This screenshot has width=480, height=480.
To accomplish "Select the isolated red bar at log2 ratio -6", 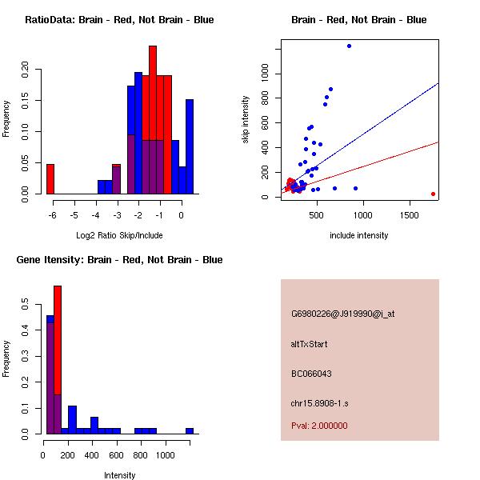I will coord(50,178).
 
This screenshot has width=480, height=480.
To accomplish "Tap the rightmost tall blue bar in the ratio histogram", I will coord(190,146).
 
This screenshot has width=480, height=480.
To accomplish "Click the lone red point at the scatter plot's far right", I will coord(433,194).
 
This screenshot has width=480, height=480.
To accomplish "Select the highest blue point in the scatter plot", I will coord(349,46).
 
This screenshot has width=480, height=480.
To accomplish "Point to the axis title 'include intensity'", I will coord(358,235).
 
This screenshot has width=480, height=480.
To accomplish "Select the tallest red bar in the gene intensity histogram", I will coord(58,359).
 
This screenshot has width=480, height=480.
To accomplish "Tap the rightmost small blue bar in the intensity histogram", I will coord(190,430).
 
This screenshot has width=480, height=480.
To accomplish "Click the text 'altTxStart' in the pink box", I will coord(310,344).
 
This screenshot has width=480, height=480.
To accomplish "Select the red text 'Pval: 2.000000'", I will coord(319,426).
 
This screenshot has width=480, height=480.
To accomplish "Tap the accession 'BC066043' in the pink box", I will coord(311,373).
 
